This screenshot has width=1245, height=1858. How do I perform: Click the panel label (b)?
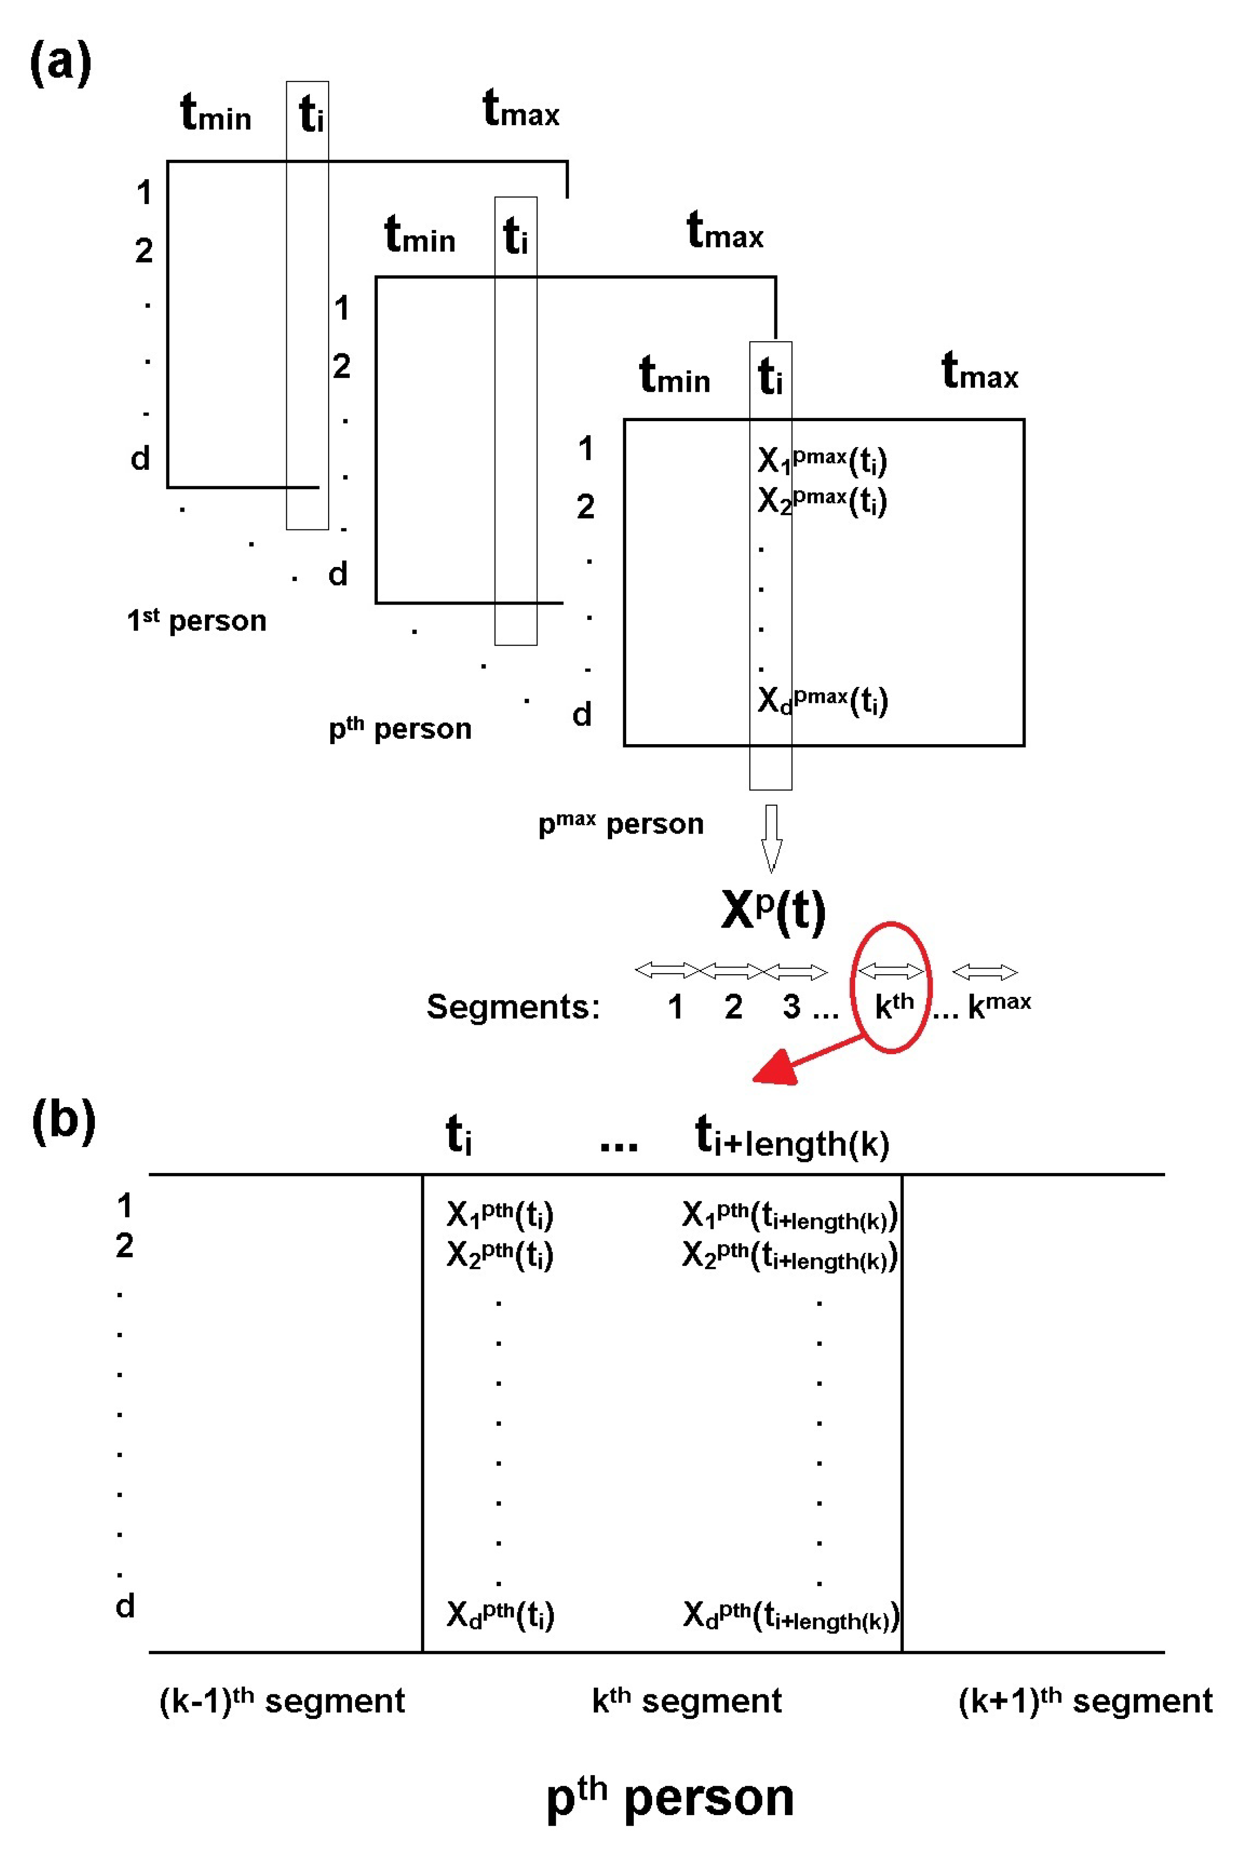[x=64, y=1120]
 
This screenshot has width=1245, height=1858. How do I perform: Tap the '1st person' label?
[x=196, y=619]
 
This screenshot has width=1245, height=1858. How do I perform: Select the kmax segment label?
[x=999, y=1005]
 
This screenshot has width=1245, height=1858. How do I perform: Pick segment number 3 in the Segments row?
[x=791, y=1007]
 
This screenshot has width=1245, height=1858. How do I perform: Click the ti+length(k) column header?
[x=792, y=1137]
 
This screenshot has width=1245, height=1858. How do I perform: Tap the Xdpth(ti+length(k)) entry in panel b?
[x=791, y=1615]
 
